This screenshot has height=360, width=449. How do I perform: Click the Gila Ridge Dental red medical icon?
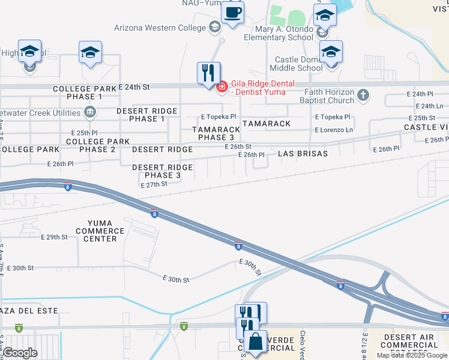221,87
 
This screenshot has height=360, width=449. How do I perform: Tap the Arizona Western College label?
160,26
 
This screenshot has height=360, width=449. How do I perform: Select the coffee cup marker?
232,12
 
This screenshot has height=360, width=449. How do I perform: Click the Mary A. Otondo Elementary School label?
279,33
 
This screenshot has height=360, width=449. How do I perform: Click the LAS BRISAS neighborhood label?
303,154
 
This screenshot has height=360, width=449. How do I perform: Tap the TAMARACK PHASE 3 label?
216,133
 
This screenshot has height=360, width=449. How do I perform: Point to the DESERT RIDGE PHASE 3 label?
162,171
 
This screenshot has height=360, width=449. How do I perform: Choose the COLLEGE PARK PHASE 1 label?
85,92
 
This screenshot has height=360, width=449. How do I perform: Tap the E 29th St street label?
55,238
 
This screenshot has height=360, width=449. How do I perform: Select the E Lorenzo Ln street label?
334,130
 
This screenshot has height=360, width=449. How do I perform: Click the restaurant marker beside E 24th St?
208,73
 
